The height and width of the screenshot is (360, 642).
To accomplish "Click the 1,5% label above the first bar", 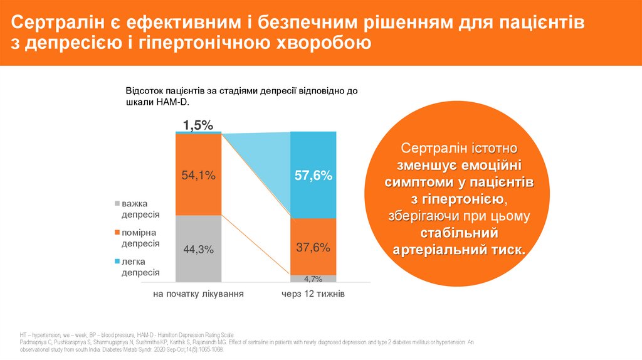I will pos(198,125).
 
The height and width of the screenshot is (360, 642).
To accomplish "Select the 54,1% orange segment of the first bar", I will pos(198,176).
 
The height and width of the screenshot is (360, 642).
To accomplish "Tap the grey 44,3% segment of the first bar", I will pos(198,249).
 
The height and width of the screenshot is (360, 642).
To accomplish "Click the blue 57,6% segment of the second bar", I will pos(313,176).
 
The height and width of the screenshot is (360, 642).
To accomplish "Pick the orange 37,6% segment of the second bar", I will pos(313,247).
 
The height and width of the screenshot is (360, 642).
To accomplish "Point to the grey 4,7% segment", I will pos(313,279).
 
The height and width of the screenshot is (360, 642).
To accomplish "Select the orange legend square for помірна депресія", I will pos(117,233).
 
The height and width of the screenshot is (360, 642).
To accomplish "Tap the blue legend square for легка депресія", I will pos(117,262).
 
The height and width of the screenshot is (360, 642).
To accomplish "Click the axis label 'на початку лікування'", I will pos(198,294).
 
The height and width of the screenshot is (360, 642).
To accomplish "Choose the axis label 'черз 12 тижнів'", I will pos(313,294).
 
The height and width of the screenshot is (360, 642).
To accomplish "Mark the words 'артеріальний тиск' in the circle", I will pos(460,250).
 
